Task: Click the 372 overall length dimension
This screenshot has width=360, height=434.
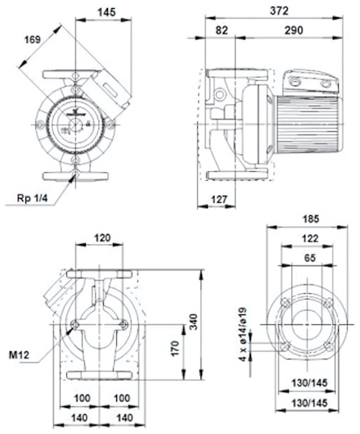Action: (x=279, y=11)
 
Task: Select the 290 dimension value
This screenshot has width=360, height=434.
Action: (x=294, y=30)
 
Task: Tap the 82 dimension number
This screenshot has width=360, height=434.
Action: (x=222, y=30)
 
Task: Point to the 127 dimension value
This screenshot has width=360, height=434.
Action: (x=219, y=199)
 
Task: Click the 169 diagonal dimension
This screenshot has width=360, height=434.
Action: (x=33, y=39)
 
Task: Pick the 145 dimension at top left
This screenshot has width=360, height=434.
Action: (x=106, y=12)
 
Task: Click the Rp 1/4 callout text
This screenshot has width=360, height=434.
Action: (x=33, y=198)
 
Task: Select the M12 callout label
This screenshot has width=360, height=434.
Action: (x=19, y=355)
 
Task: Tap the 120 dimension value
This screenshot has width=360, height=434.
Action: (x=102, y=237)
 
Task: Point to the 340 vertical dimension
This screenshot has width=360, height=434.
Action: (x=195, y=322)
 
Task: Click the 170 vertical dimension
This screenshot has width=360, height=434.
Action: (x=175, y=349)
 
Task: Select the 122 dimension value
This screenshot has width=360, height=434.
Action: (x=310, y=238)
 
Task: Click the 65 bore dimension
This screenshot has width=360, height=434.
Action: (x=310, y=258)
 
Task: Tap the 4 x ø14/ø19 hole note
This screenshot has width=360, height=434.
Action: (x=243, y=335)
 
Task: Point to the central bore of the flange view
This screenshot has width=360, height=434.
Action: (x=308, y=324)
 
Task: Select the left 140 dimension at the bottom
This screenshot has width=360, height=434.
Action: (x=79, y=418)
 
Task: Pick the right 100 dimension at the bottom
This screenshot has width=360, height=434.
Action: (x=122, y=398)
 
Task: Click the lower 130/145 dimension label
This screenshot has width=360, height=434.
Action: (x=309, y=403)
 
